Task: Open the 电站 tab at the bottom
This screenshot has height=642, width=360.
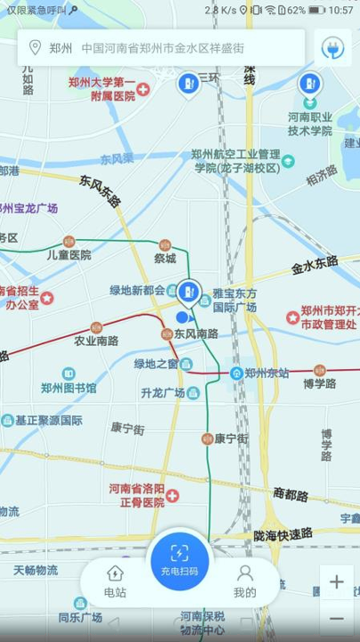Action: (115, 580)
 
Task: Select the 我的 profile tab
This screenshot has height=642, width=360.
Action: (245, 580)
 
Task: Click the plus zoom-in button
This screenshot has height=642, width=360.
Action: (336, 582)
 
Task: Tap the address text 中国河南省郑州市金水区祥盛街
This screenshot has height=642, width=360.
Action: (162, 48)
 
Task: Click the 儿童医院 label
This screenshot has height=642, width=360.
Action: (70, 254)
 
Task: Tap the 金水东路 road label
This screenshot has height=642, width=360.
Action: (315, 265)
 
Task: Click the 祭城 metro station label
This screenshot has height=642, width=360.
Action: (165, 259)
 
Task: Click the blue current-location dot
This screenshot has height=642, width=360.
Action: (182, 317)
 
